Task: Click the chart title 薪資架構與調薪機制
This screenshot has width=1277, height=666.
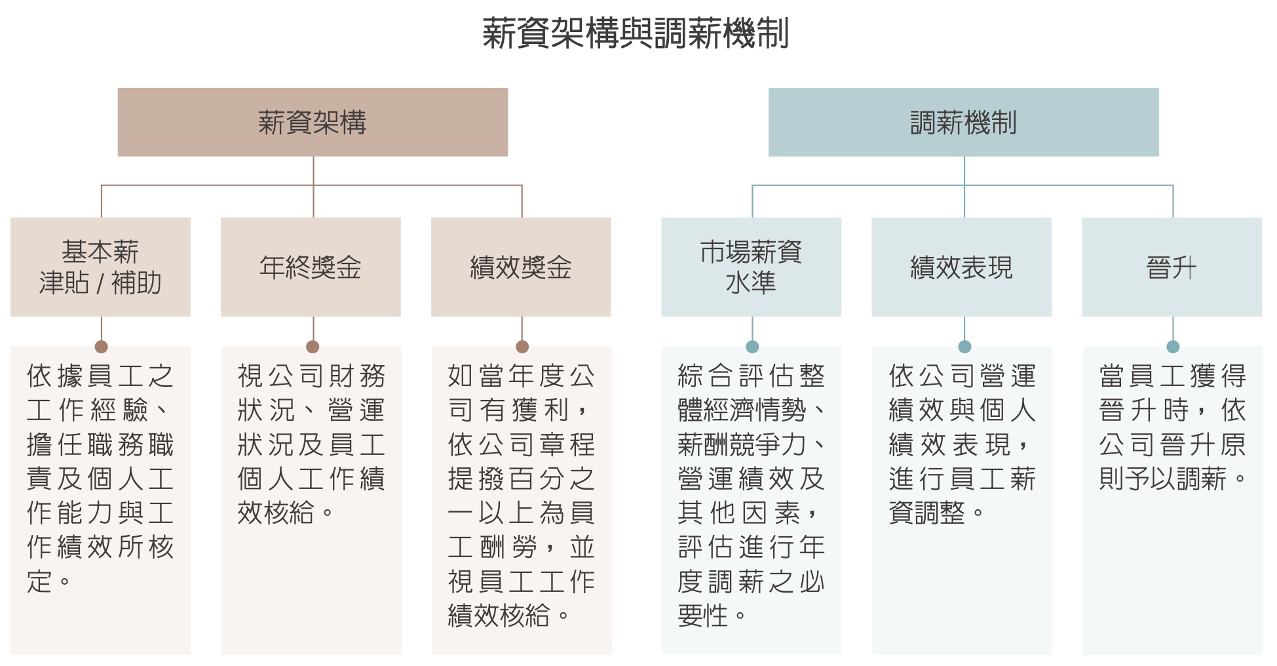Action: click(x=636, y=33)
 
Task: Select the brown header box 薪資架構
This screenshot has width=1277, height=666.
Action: click(x=313, y=122)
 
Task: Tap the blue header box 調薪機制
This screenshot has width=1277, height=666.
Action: click(x=963, y=122)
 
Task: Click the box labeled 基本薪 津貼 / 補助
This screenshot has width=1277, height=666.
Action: click(x=100, y=267)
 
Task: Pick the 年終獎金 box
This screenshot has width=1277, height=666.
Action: click(x=311, y=267)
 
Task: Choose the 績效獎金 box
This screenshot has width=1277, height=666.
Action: click(x=521, y=267)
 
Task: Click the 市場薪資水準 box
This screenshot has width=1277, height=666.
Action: click(x=751, y=267)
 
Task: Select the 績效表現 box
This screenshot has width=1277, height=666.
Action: click(x=961, y=267)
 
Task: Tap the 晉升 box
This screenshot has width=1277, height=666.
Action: click(x=1172, y=267)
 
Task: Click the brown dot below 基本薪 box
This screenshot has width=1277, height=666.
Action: click(x=101, y=347)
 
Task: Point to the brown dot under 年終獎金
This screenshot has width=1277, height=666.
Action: click(x=313, y=347)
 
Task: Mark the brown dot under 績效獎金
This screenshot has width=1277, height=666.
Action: click(x=522, y=347)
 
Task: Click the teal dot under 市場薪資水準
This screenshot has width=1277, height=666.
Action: click(x=752, y=347)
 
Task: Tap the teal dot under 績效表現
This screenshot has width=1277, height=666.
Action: click(x=964, y=347)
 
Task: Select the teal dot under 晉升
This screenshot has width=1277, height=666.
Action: click(x=1173, y=347)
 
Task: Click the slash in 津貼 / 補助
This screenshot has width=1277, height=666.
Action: click(x=100, y=283)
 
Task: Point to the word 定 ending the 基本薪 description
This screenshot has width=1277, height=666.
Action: click(x=39, y=581)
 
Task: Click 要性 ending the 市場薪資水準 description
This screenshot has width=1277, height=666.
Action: click(x=703, y=616)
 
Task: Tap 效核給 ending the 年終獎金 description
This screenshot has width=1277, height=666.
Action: click(x=276, y=513)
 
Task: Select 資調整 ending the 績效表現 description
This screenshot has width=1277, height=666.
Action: click(x=927, y=513)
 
